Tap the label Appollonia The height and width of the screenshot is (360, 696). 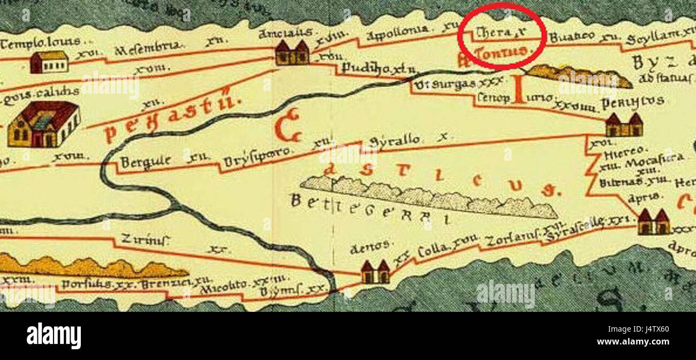[397, 33]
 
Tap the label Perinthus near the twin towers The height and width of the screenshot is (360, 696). [633, 102]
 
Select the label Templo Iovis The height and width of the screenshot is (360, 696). [41, 42]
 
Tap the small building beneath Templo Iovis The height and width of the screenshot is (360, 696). [49, 62]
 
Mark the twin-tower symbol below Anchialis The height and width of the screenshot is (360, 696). [292, 52]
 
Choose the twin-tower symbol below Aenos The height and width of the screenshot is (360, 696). [375, 272]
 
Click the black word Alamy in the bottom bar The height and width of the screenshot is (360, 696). [54, 336]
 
